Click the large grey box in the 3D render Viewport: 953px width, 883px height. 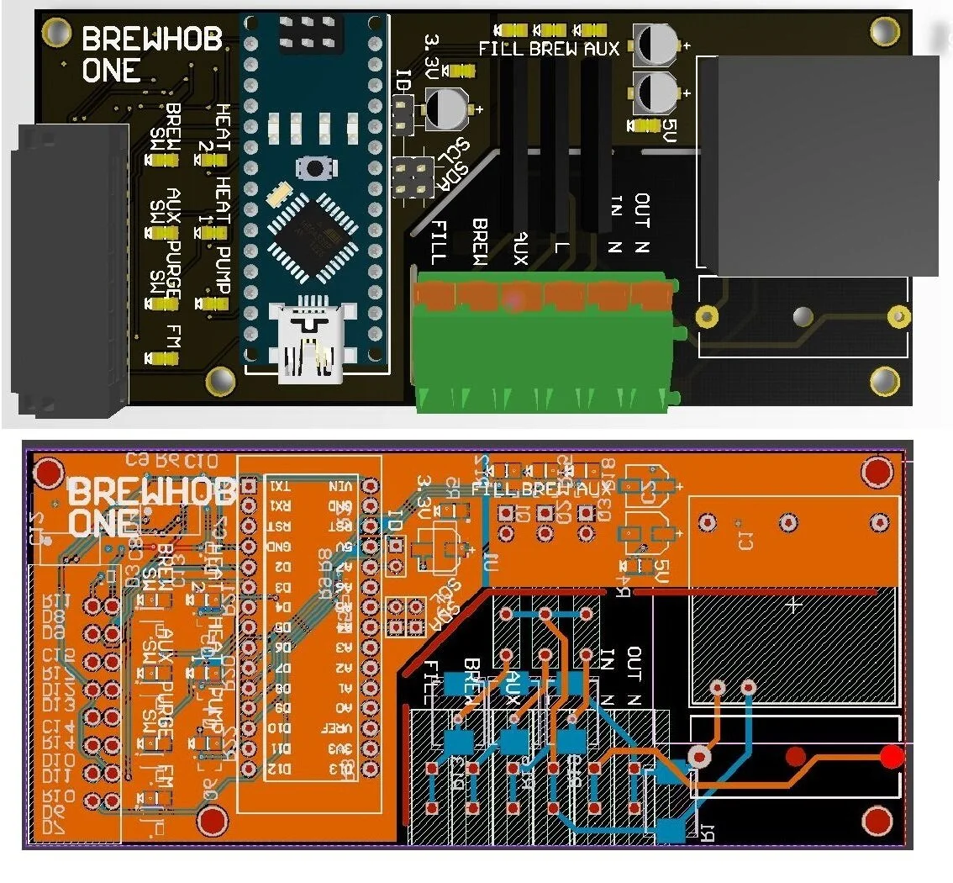click(819, 166)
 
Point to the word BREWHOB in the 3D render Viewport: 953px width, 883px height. click(152, 40)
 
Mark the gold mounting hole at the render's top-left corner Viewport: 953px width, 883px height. click(57, 32)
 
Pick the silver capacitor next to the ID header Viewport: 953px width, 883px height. click(445, 109)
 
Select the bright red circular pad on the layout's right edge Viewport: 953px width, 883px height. click(892, 757)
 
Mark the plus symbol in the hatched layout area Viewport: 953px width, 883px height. click(793, 605)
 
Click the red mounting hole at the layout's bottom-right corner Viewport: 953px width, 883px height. click(877, 819)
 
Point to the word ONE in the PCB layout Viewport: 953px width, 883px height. click(101, 524)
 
